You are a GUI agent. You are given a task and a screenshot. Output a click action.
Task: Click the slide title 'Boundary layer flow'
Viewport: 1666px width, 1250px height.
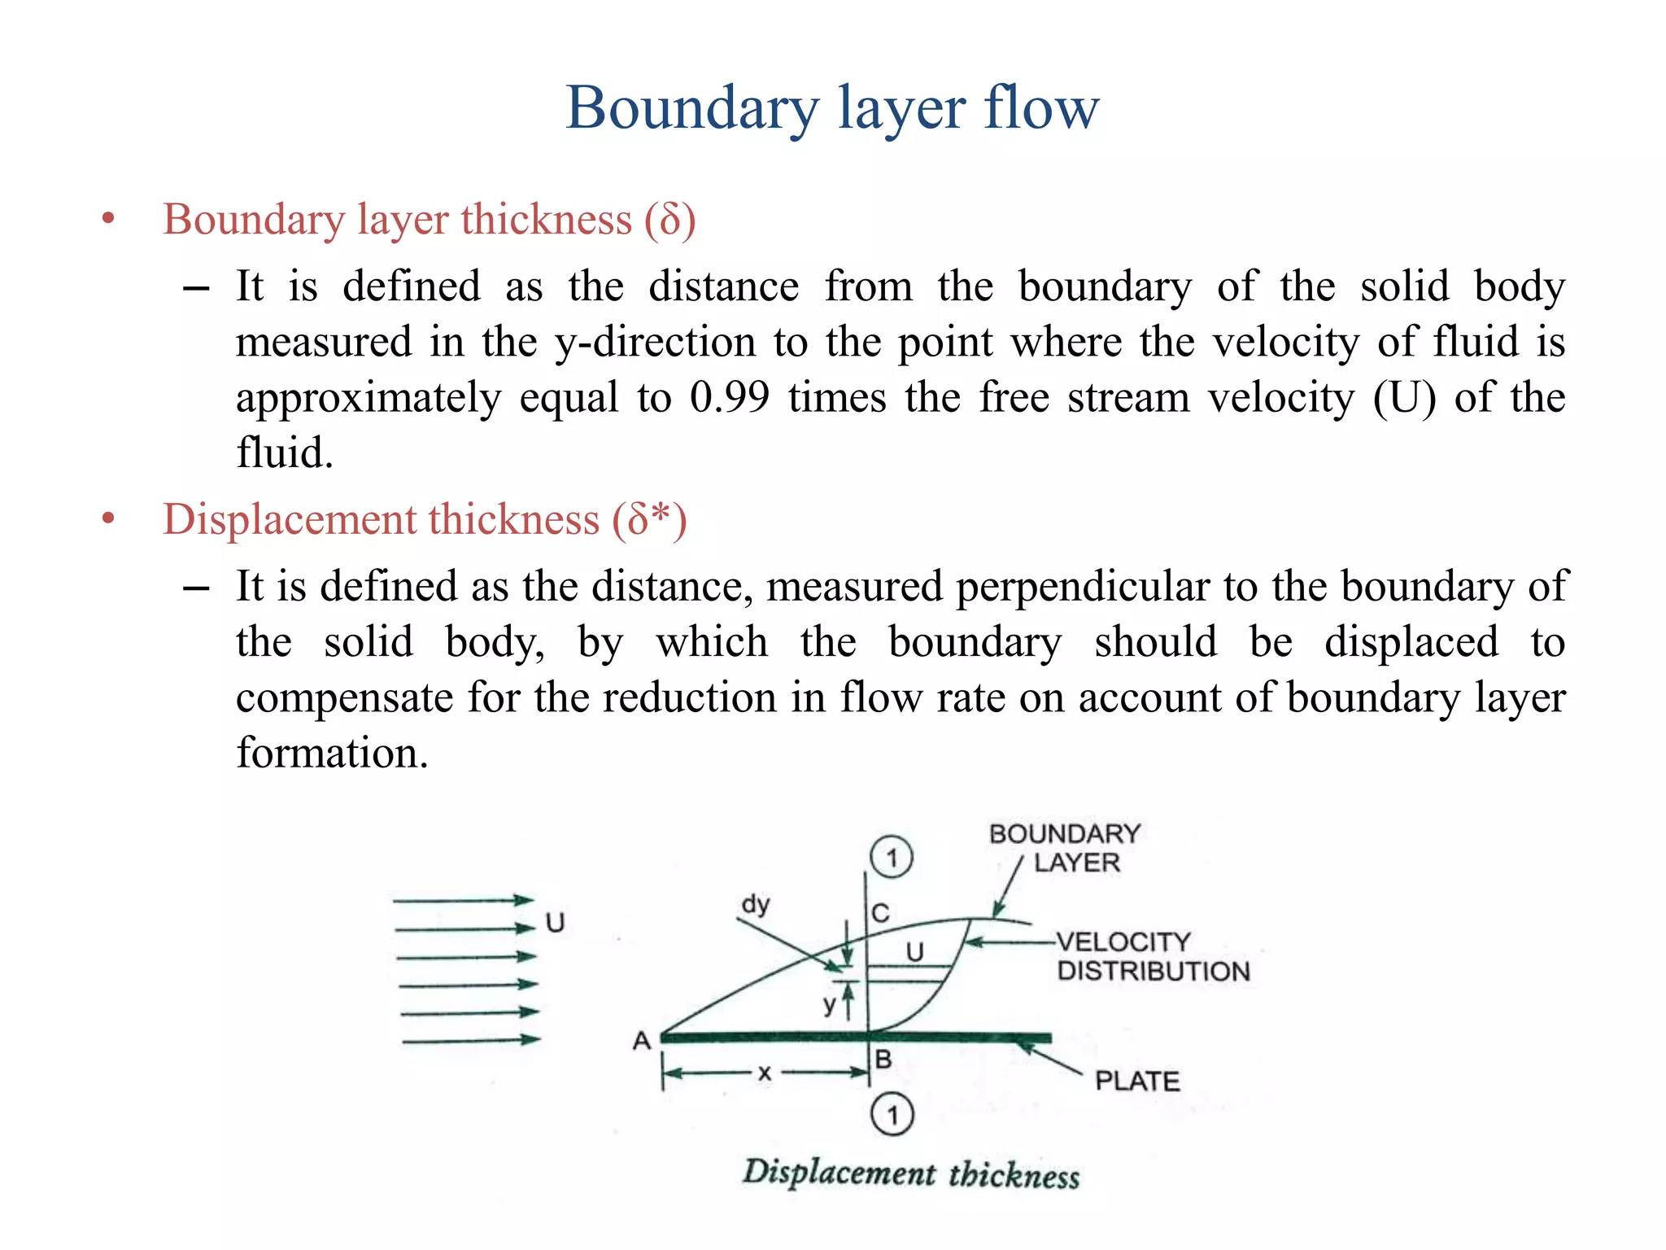(x=832, y=107)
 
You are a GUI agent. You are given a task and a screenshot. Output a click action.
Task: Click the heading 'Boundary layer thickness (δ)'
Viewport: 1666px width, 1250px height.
(x=429, y=220)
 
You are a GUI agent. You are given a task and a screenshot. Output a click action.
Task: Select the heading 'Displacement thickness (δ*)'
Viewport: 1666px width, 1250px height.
(x=425, y=519)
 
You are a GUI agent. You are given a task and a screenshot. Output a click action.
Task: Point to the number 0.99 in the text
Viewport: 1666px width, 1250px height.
(x=729, y=397)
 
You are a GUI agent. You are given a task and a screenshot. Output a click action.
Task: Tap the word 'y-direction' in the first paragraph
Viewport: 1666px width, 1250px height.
(x=655, y=342)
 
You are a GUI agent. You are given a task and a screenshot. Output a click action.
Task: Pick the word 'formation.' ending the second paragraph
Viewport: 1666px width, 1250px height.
(x=332, y=753)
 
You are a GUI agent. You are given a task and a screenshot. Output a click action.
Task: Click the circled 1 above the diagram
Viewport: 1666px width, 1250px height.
(x=892, y=857)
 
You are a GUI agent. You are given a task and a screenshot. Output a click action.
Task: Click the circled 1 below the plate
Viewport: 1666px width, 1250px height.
(x=892, y=1115)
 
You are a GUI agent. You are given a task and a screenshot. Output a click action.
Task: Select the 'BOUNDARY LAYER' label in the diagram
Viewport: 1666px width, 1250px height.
(x=1066, y=847)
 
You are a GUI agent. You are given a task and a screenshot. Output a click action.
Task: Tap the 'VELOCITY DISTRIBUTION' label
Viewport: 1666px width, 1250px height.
(x=1152, y=956)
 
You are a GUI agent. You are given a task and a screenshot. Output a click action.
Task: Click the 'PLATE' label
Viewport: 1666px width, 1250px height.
(x=1136, y=1081)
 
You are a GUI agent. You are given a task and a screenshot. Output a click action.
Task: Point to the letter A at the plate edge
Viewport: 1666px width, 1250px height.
(x=642, y=1041)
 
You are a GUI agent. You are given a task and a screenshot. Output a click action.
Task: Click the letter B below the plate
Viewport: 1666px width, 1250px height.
(x=883, y=1060)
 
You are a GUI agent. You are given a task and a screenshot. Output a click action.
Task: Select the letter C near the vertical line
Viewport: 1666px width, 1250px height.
(x=880, y=913)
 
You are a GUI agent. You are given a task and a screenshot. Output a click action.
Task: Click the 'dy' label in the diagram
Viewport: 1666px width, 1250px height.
(x=756, y=904)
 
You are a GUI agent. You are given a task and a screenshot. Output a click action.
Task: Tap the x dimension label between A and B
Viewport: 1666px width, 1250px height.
(x=764, y=1073)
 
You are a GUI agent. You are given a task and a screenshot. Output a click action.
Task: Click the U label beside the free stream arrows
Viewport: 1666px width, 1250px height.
(x=555, y=923)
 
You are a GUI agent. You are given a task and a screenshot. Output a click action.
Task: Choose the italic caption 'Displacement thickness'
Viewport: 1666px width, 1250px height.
(x=910, y=1174)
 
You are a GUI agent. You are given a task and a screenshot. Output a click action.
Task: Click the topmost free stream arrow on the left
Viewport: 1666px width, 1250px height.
(x=462, y=900)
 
